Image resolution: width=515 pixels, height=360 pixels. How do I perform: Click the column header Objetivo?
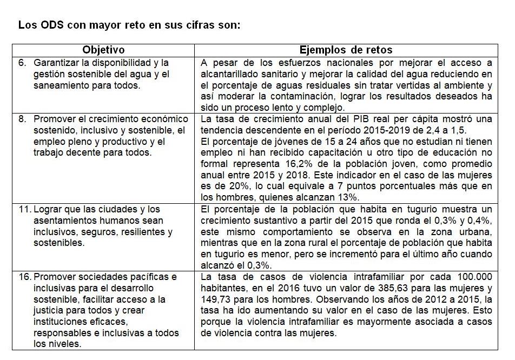[103, 50]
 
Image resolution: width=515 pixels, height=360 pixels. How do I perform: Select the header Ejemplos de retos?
[346, 50]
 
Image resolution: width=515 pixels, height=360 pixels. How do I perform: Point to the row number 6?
[22, 63]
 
